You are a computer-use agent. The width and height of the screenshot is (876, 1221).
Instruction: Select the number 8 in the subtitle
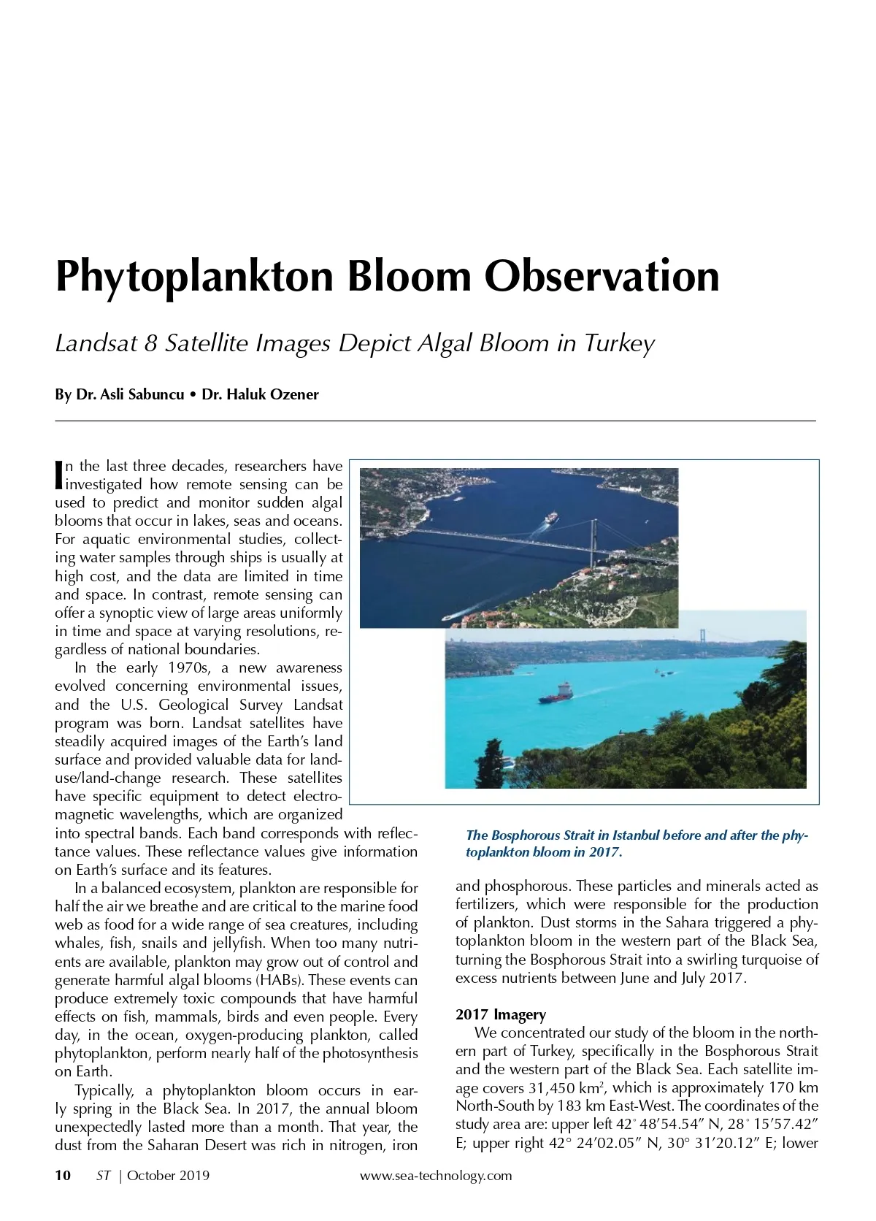click(x=150, y=343)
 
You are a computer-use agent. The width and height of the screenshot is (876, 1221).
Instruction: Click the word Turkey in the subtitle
click(x=619, y=343)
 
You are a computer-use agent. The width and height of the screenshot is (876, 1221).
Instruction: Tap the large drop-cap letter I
click(x=59, y=474)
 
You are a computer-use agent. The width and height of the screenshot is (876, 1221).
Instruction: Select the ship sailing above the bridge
click(x=552, y=517)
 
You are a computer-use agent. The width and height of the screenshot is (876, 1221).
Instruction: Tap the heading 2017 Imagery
click(x=500, y=1014)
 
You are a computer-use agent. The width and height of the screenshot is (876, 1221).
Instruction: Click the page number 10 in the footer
click(x=63, y=1176)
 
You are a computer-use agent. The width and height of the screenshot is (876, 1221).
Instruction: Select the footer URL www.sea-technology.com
click(x=436, y=1176)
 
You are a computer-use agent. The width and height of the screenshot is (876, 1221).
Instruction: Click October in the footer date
click(x=152, y=1176)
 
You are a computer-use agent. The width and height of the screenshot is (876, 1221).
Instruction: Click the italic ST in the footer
click(x=103, y=1176)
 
